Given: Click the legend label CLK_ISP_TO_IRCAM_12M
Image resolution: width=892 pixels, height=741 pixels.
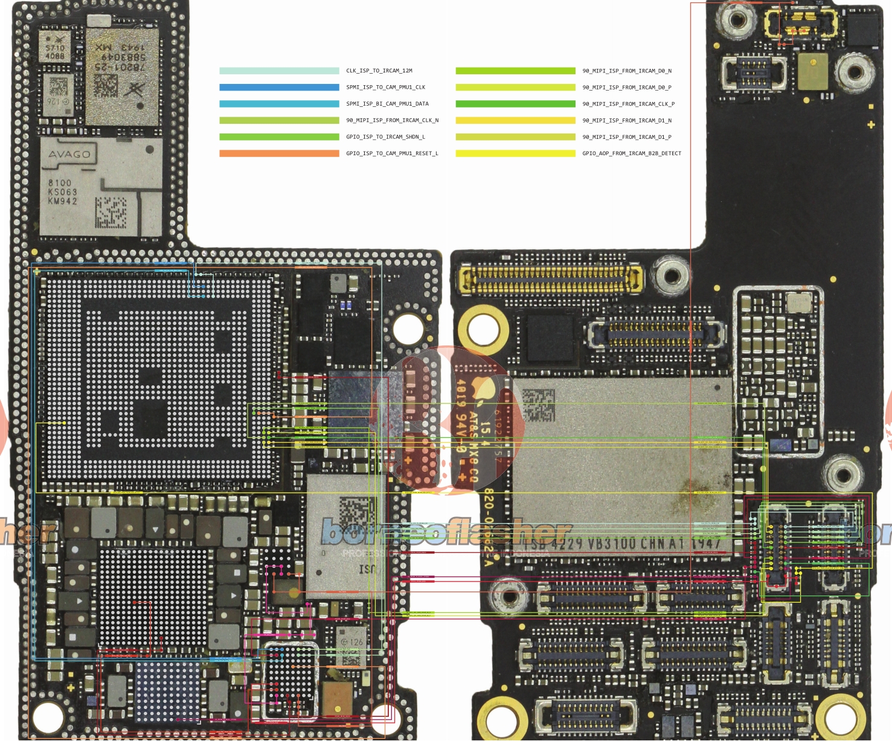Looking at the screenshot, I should pos(379,71).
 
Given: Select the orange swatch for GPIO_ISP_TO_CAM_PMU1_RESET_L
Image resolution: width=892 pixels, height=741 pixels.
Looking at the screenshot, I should pos(279,153).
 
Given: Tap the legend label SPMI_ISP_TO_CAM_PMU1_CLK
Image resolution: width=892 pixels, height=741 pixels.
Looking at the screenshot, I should pos(385,87).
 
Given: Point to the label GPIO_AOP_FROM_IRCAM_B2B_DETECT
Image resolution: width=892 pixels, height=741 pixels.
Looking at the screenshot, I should pos(631,153).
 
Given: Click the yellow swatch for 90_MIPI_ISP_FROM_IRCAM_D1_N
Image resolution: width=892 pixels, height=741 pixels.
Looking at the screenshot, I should pos(515,120).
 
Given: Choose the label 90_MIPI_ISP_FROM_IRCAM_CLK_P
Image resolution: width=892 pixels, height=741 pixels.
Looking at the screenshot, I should pos(628,104).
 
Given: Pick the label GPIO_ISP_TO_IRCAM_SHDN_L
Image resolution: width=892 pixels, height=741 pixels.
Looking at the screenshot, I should pos(385,137).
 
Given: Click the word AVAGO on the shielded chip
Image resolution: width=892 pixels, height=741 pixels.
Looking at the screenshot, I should pos(69,155).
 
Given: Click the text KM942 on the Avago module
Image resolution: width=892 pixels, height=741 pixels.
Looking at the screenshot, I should pos(63,201).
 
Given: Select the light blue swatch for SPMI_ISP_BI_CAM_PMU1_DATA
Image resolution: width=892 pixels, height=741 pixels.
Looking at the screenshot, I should pos(279,104).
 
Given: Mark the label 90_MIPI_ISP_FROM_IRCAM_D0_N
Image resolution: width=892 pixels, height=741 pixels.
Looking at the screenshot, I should pos(626,71).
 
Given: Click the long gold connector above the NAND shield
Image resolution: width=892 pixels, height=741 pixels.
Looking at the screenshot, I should pos(550,280).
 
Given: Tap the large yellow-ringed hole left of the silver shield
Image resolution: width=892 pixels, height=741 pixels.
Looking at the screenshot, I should pos(483,330).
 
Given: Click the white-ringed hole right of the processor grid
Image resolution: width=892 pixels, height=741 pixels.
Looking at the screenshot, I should pos(408,329).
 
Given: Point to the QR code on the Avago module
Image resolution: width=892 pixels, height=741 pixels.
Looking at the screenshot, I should pos(111,213).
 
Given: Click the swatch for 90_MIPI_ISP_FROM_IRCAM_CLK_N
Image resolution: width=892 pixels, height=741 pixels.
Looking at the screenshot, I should pos(279,120).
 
